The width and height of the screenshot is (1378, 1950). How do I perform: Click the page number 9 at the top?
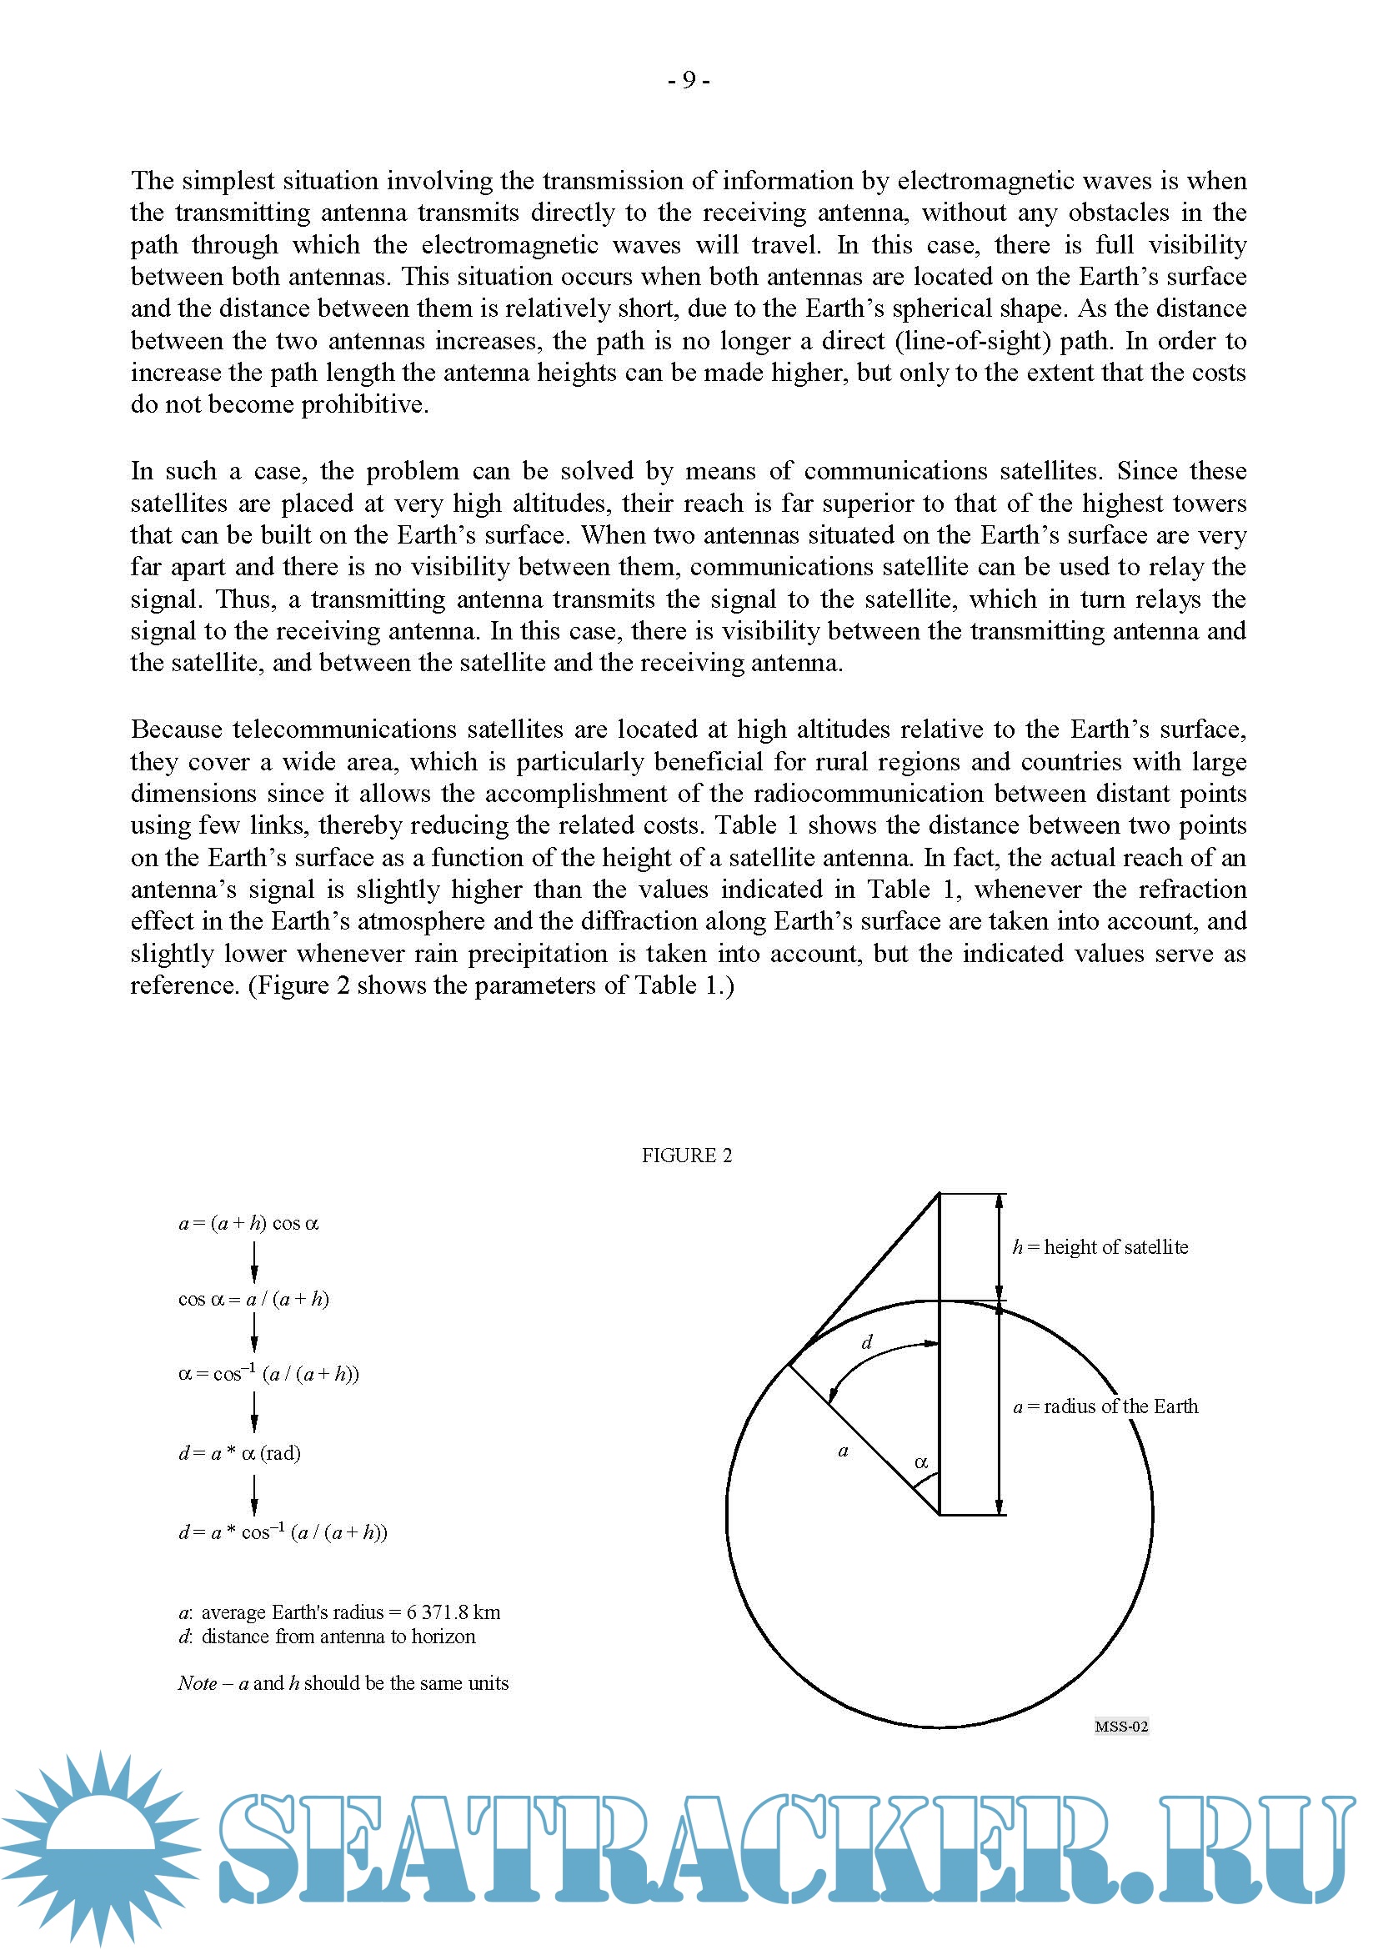689,80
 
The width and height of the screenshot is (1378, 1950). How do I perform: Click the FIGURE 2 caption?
686,1155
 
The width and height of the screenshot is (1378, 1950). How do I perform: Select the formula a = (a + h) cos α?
248,1223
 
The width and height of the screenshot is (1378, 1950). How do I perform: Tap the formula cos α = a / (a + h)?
253,1299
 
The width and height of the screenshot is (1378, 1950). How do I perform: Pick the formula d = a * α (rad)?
239,1453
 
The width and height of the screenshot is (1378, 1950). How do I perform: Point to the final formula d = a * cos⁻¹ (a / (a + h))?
283,1532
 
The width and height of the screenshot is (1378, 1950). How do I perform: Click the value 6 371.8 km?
453,1612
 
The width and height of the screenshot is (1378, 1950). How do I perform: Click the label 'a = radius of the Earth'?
1105,1406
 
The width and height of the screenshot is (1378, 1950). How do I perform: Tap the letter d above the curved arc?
867,1343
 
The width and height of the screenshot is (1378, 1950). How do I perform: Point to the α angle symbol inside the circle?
921,1462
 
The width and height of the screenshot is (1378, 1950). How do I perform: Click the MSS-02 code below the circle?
1120,1726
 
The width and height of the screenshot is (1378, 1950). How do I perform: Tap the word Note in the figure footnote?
197,1683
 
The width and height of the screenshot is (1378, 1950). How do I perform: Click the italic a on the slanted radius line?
843,1451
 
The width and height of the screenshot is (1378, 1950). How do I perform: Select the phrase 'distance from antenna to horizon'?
338,1637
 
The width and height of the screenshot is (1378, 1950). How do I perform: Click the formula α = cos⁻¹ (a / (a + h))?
268,1374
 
